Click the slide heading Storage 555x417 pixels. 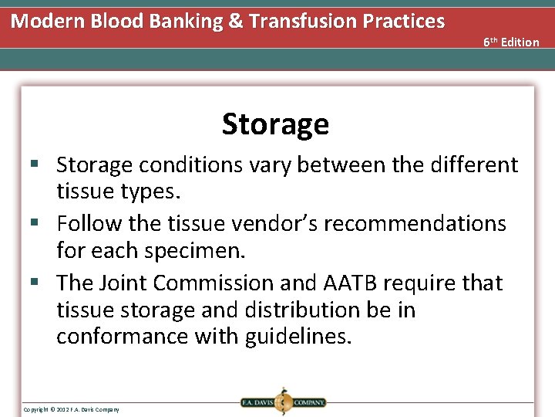point(275,124)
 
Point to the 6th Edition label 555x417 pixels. point(511,42)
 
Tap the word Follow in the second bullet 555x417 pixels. point(89,224)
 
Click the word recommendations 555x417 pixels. point(415,224)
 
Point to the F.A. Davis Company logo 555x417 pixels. point(282,402)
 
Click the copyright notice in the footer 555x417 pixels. point(71,409)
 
